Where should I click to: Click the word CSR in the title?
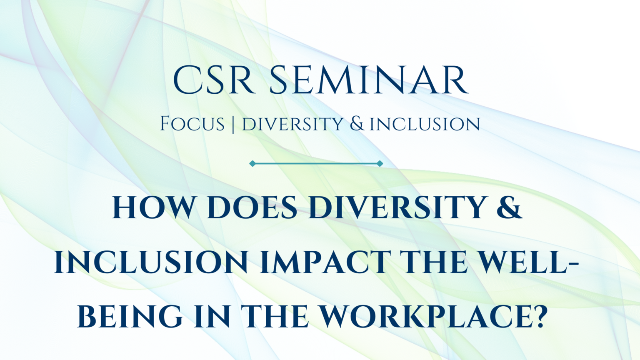pyautogui.click(x=214, y=80)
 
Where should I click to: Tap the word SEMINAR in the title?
pyautogui.click(x=369, y=80)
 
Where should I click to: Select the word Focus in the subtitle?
pyautogui.click(x=192, y=124)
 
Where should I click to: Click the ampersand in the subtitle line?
pyautogui.click(x=357, y=124)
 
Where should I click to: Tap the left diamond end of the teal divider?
pyautogui.click(x=252, y=164)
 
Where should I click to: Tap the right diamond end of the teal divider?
pyautogui.click(x=380, y=164)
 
